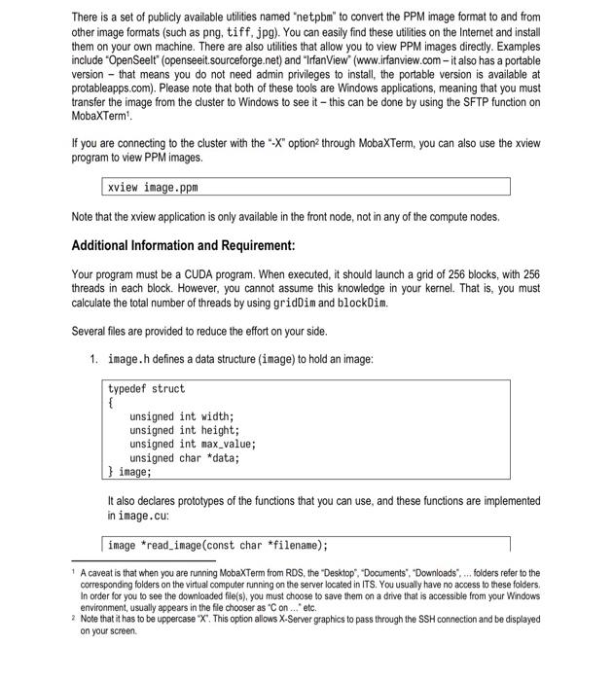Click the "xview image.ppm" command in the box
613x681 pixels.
tap(157, 187)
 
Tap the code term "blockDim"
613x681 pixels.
tap(360, 303)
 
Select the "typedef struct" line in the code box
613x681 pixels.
tap(146, 389)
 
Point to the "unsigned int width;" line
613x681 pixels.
tap(182, 416)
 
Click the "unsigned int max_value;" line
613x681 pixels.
tap(193, 444)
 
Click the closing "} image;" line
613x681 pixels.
tap(129, 472)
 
